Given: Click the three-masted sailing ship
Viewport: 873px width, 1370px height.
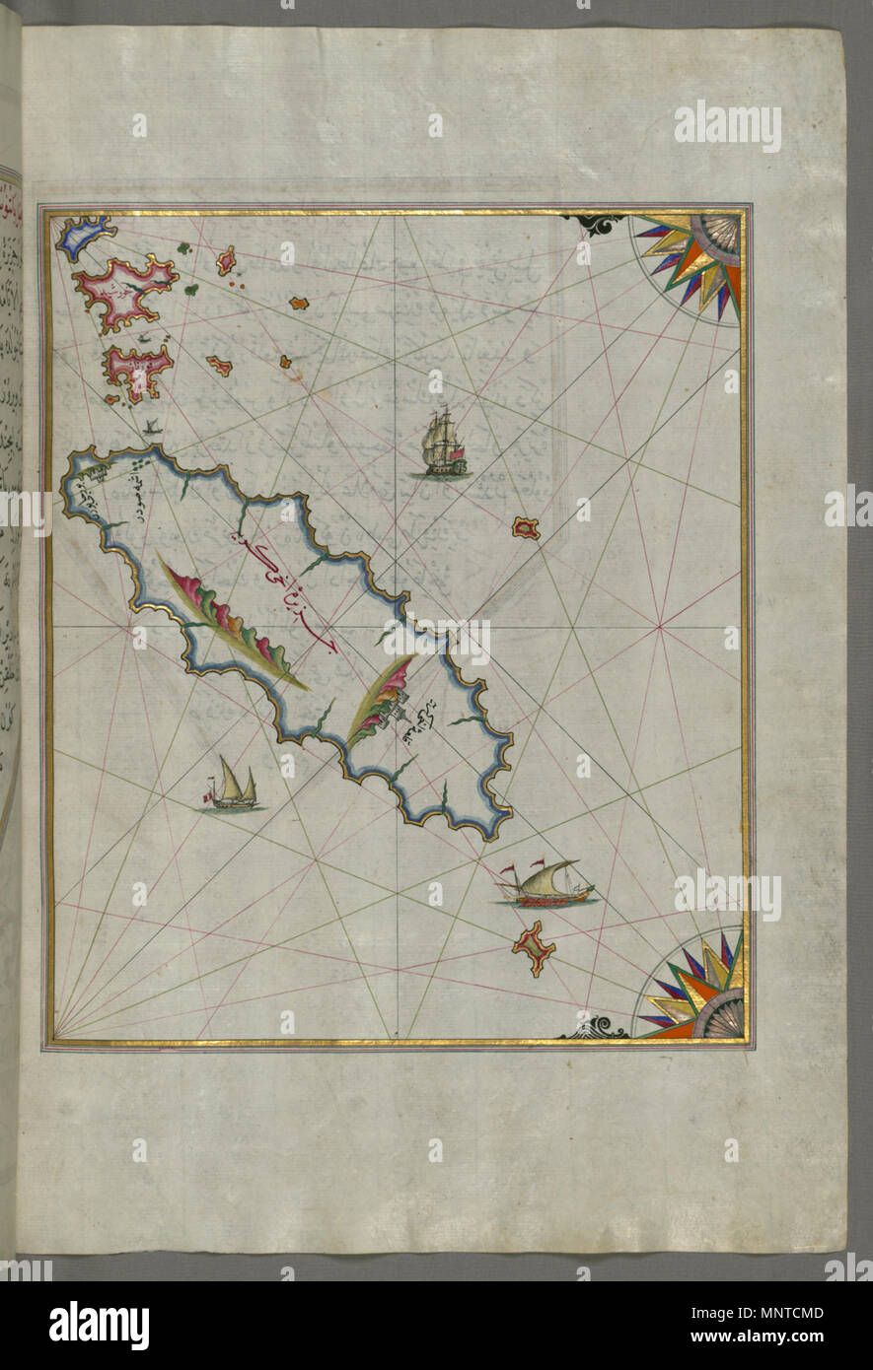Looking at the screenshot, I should tap(440, 444).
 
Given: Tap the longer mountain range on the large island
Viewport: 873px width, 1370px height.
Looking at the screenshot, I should tap(233, 625).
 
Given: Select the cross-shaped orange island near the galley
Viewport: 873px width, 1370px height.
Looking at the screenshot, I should tap(534, 946).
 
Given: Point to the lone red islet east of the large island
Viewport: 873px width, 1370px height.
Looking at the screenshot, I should tap(526, 528).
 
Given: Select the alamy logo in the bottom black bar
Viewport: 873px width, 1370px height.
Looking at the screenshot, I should tap(99, 1326).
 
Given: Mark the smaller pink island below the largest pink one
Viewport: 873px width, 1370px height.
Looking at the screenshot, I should tap(135, 373).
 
